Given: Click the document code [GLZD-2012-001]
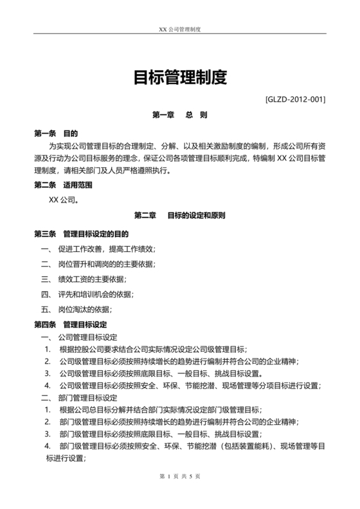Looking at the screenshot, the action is coord(294,100).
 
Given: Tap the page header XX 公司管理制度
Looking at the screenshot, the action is coord(179,30).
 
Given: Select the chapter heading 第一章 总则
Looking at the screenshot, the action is coord(179,116).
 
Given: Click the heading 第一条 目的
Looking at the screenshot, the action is coord(56,134).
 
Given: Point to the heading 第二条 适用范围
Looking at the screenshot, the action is coord(63,185).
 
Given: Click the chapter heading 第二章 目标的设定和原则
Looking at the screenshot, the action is coord(179,215).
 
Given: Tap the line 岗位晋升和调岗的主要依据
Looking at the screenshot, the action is coord(107,263).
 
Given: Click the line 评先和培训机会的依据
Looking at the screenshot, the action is coord(96,294).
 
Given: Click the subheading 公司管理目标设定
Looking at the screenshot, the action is coord(87,337).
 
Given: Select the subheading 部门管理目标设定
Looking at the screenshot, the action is coord(87,398).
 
